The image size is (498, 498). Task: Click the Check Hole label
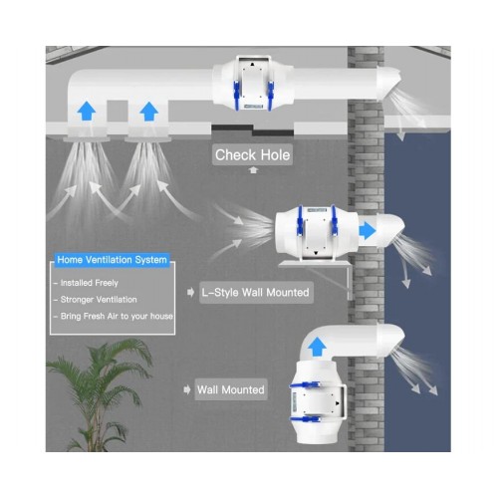tap(252, 154)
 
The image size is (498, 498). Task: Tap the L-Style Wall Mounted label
tap(256, 293)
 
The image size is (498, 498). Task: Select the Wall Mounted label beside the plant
tap(231, 389)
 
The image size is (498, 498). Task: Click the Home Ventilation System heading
tap(112, 260)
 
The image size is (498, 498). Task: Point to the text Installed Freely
tap(90, 283)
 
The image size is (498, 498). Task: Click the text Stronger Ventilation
tap(99, 300)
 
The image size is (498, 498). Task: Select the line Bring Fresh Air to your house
tap(117, 316)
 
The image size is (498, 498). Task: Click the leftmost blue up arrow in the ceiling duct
tap(87, 111)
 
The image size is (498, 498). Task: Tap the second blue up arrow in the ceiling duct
tap(148, 112)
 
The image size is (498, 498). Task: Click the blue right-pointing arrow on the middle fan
tap(368, 230)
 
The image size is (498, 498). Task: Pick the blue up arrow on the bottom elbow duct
tap(317, 347)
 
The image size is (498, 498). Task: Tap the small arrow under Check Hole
tap(253, 170)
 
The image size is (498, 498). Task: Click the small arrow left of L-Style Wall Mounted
tap(190, 293)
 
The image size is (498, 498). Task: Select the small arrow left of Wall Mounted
tap(187, 389)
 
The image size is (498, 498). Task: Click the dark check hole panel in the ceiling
tap(252, 130)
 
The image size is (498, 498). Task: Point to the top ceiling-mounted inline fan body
tap(253, 84)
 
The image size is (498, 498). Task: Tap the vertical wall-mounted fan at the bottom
tap(317, 401)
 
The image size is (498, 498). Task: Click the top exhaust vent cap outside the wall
tap(389, 83)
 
